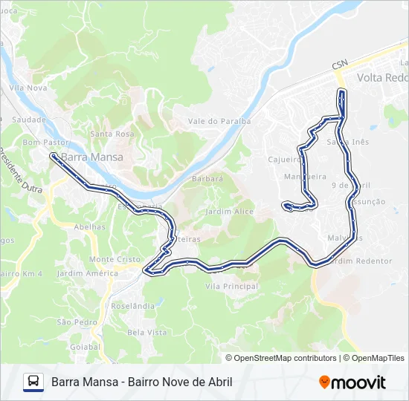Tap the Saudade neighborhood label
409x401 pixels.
(x=29, y=119)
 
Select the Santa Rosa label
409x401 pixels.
(x=112, y=134)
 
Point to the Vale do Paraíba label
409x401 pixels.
(x=219, y=120)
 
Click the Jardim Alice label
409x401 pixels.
(x=228, y=212)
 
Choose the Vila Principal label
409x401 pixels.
(x=231, y=286)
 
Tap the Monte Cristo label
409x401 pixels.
(x=115, y=259)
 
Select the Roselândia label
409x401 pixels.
(x=132, y=305)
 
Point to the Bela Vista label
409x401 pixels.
(x=147, y=332)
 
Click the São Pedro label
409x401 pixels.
(x=77, y=322)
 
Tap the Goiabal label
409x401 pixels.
(x=84, y=346)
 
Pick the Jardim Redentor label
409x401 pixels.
(x=363, y=261)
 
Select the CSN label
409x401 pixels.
(x=340, y=65)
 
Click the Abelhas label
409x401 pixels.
(x=89, y=227)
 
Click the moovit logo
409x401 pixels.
(x=352, y=382)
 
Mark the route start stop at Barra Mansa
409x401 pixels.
(x=54, y=156)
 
